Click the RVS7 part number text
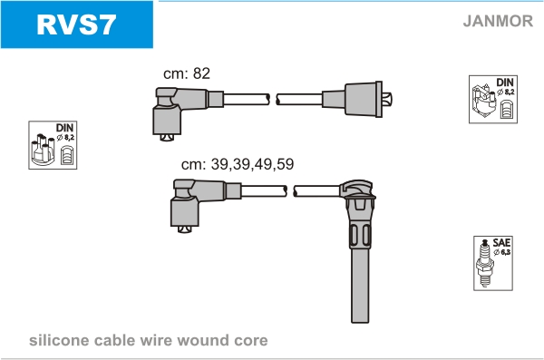point(76,24)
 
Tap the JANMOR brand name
point(498,21)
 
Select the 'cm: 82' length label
point(187,73)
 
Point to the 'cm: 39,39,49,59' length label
point(238,164)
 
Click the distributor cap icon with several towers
point(43,150)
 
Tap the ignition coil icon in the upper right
point(483,101)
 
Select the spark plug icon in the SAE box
point(485,263)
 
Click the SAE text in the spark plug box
point(501,242)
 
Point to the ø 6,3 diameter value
point(502,252)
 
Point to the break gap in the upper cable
point(273,100)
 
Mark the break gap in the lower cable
point(290,191)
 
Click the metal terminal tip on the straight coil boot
point(387,99)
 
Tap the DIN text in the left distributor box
point(65,128)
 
